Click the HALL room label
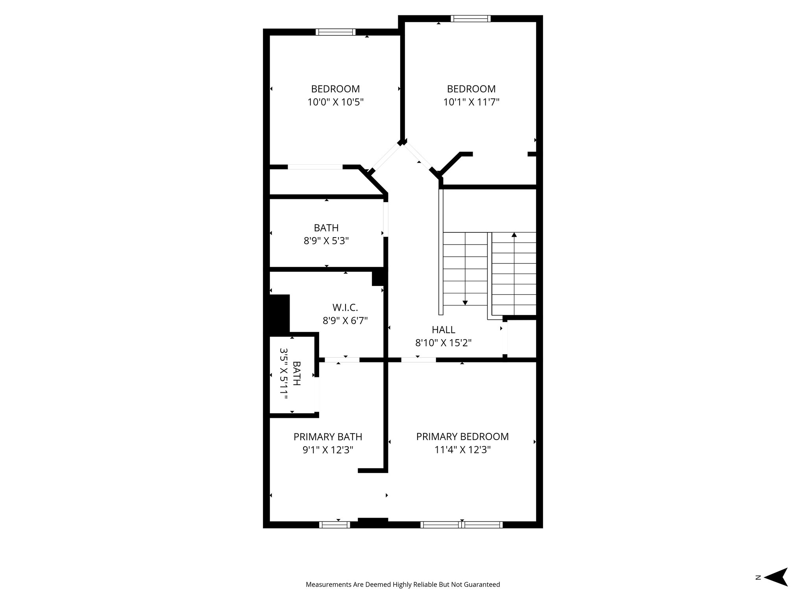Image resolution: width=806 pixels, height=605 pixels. pos(444,330)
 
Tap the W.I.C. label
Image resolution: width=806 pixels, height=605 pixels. pos(345,307)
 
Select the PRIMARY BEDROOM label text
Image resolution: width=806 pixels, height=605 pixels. pos(462,436)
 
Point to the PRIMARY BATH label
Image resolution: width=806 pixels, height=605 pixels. pos(328,436)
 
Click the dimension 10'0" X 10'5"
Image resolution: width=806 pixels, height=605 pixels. pos(335,102)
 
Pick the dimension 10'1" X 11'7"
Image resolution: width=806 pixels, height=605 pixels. pos(471,102)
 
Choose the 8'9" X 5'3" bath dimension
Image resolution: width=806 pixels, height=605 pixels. pos(326,241)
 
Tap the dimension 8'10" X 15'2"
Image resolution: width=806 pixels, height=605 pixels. pos(444,343)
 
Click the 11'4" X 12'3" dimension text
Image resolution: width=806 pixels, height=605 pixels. pos(462,449)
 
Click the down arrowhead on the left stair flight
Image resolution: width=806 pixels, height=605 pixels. pos(465,302)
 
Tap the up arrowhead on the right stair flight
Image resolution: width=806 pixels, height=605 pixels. pos(514,235)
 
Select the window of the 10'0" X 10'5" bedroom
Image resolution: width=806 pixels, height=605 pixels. pos(336,32)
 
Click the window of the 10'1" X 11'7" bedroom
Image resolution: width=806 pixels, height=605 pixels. pos(471,19)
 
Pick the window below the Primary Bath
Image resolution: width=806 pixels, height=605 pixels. pos(334,525)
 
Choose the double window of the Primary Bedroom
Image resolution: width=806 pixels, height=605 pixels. pos(461,525)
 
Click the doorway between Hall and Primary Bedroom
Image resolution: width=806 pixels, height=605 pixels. pos(418,360)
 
